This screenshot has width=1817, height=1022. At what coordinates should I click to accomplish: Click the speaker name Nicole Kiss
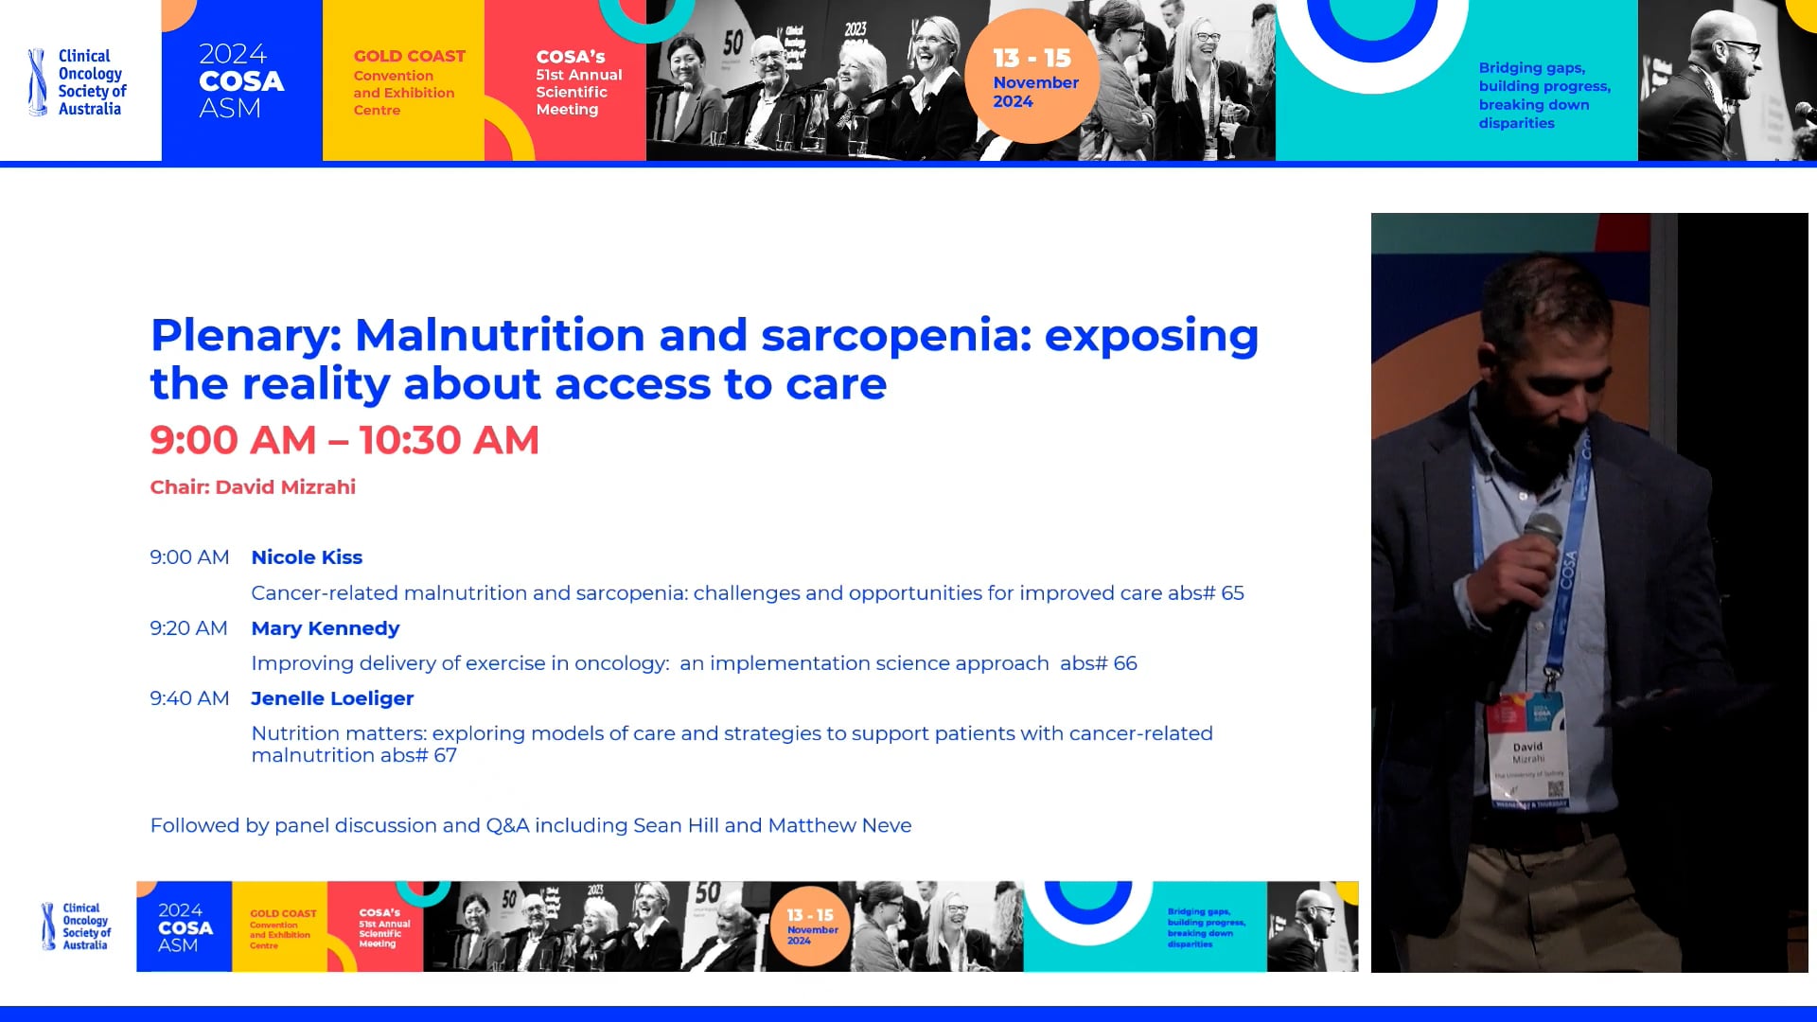[307, 557]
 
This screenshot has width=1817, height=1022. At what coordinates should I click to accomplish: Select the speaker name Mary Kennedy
[325, 628]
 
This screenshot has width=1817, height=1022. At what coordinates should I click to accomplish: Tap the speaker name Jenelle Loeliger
[332, 698]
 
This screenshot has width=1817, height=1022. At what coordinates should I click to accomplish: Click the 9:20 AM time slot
[188, 628]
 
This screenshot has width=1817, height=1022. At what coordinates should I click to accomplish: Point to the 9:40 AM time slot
[189, 698]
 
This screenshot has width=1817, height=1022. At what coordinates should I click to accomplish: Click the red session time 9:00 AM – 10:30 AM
[344, 440]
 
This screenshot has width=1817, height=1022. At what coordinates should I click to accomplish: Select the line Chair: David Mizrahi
[253, 487]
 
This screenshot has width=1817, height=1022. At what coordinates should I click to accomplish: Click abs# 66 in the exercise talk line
[1098, 663]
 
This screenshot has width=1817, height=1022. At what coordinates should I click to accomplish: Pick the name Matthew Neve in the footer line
[839, 825]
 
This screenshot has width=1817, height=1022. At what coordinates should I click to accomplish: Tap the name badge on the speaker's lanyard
[1527, 752]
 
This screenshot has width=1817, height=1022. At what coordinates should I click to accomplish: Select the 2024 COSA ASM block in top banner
[241, 80]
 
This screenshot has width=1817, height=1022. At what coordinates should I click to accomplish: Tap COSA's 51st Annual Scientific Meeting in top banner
[577, 82]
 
